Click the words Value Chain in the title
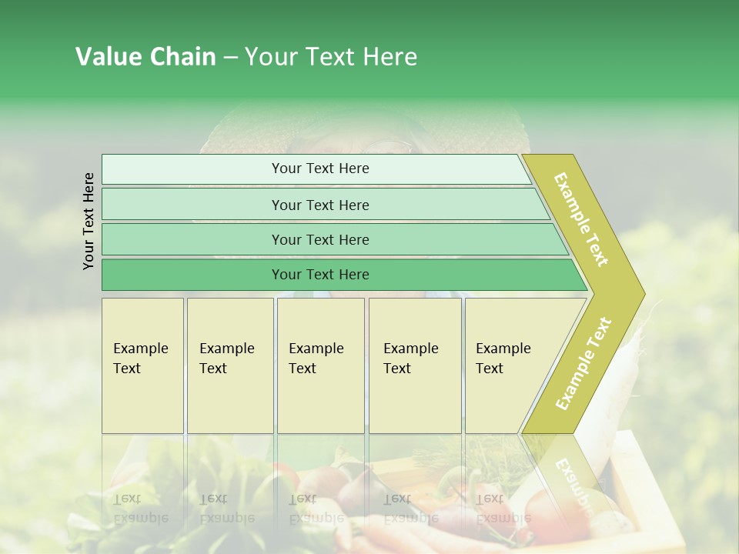click(x=145, y=57)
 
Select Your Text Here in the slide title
click(x=331, y=57)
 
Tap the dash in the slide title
click(x=230, y=58)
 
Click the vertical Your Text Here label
click(x=89, y=222)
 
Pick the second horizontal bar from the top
click(x=320, y=205)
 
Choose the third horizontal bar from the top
click(x=320, y=239)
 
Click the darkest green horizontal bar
click(x=320, y=275)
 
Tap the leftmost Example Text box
click(x=142, y=365)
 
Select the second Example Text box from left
click(x=229, y=365)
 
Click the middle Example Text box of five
click(x=319, y=365)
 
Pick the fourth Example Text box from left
click(x=414, y=365)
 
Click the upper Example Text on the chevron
click(x=581, y=219)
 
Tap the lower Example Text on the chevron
click(x=584, y=363)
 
